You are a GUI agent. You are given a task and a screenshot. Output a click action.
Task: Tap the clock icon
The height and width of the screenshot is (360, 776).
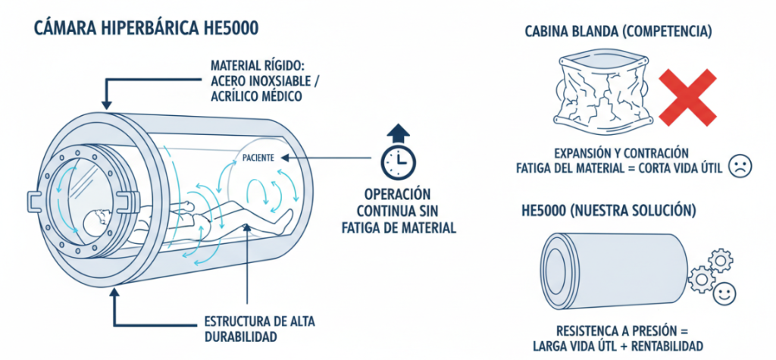(396, 160)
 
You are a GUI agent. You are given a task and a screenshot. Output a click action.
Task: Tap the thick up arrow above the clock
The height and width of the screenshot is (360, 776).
(396, 134)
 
